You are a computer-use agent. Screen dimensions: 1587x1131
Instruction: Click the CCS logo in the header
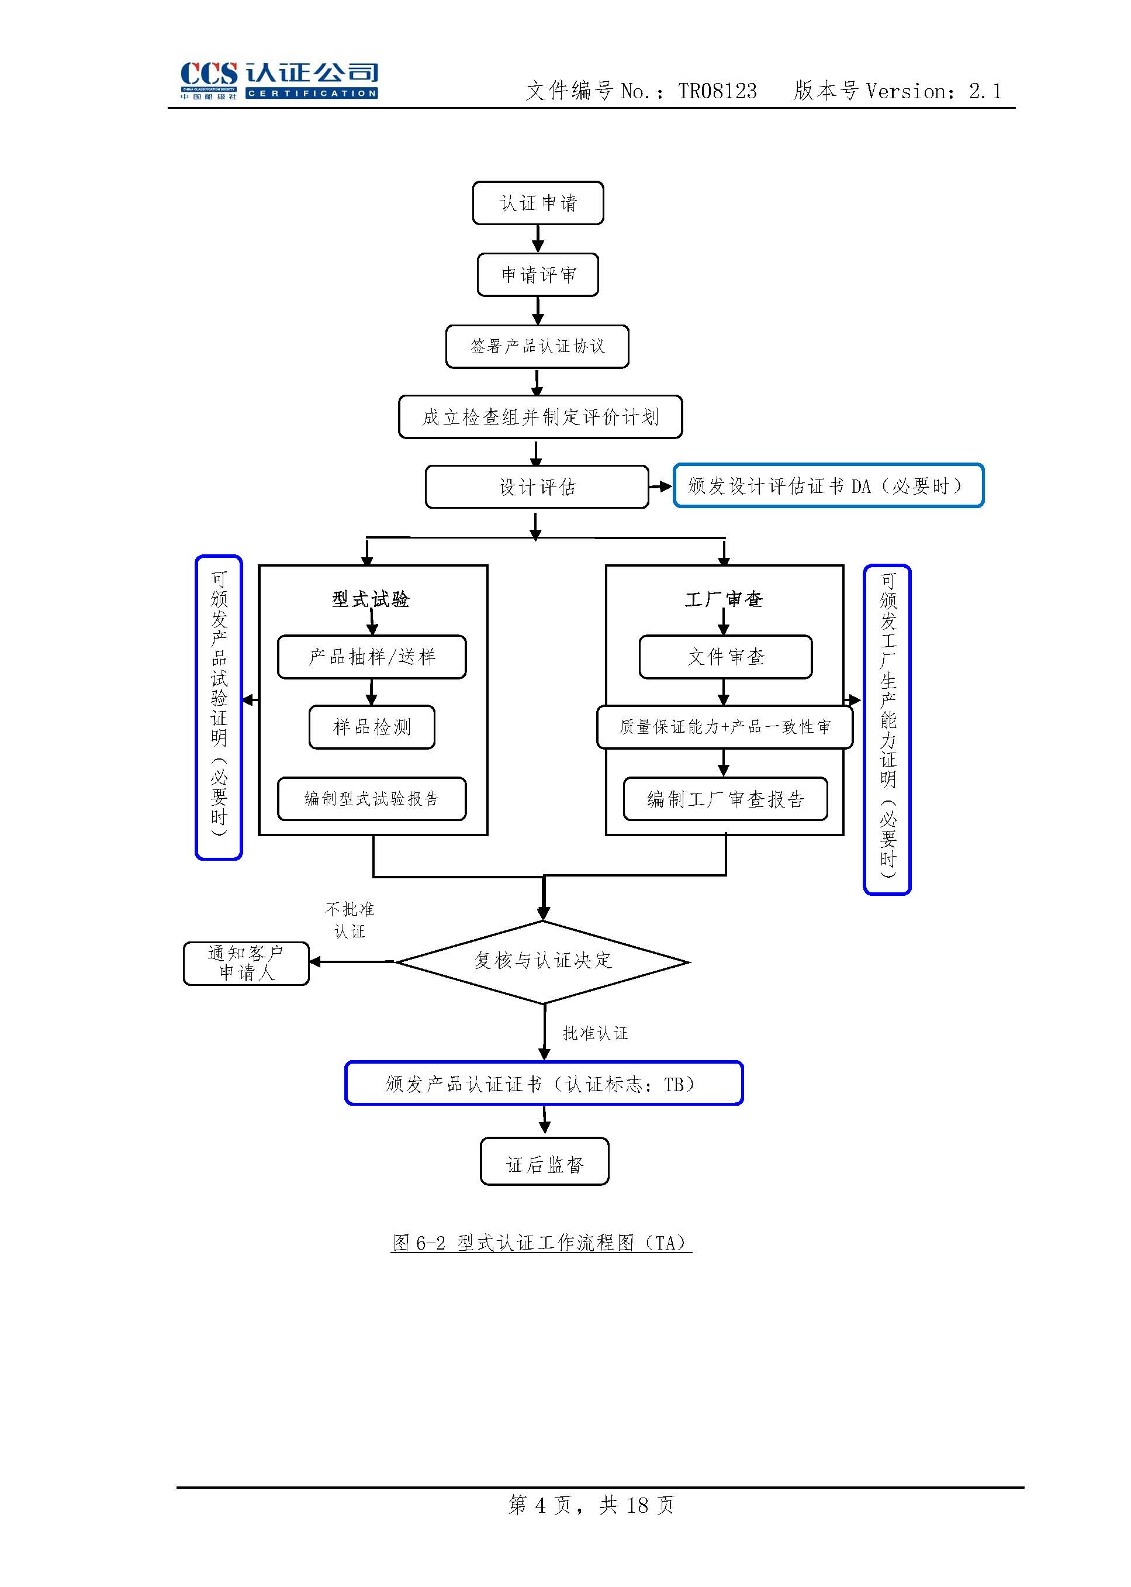coord(279,80)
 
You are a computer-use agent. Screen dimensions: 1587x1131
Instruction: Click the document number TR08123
coord(717,91)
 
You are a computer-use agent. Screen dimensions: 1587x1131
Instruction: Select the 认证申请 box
coord(538,203)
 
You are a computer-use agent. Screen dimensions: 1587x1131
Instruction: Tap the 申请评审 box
coord(538,274)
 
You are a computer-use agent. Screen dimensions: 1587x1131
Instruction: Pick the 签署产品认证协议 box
coord(537,346)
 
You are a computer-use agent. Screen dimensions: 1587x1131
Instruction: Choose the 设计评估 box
coord(537,487)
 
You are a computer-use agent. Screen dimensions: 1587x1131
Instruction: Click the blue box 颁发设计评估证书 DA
coord(828,485)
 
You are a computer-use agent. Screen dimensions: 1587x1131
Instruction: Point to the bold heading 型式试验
coord(371,599)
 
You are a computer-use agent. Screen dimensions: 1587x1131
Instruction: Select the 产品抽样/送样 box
coord(372,656)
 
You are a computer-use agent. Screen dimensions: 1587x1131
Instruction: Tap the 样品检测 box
coord(372,727)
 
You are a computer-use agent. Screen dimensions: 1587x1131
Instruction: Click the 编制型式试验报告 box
coord(372,798)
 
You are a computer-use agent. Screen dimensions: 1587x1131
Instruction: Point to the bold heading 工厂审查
coord(724,599)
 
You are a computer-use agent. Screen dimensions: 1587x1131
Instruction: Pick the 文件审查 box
coord(726,656)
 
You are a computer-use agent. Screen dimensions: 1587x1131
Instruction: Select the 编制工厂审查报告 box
coord(726,798)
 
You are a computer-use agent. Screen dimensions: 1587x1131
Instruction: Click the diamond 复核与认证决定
coord(543,961)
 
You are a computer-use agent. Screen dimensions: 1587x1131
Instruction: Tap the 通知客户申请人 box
coord(246,963)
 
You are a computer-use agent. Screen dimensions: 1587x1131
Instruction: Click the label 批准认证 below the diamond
coord(596,1033)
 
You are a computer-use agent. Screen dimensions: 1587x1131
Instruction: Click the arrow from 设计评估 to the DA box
coord(660,487)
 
